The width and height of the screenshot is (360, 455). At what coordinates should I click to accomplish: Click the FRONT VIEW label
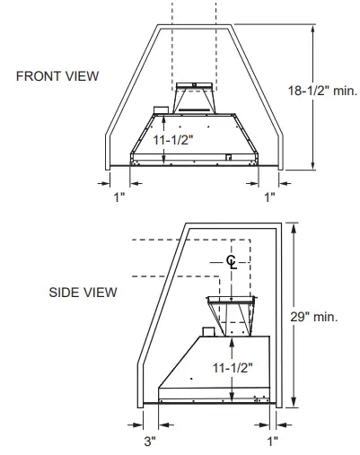coord(57,75)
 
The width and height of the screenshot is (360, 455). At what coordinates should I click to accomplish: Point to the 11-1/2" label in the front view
coord(171,142)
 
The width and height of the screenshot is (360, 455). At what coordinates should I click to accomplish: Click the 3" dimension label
coord(149,441)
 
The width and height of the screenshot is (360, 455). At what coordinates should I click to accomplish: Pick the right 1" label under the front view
coord(269,197)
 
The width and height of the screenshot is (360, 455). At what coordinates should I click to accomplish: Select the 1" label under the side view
coord(272,441)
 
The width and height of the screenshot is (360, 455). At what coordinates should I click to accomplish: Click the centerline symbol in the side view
coord(232,261)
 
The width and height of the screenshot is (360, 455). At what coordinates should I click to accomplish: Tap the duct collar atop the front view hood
coord(195,98)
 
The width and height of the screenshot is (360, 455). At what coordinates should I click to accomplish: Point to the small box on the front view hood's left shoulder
coord(161,112)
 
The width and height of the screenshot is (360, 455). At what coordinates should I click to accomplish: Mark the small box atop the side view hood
coord(207,332)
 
